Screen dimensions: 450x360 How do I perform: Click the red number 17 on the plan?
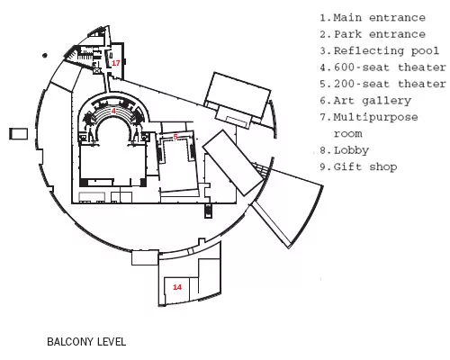click(116, 63)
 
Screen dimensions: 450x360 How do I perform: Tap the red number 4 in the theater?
click(113, 111)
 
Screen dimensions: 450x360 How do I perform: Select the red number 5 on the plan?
click(175, 137)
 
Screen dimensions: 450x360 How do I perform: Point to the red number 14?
click(177, 287)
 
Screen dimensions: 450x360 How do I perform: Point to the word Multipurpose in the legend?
click(375, 117)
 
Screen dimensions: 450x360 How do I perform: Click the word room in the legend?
click(348, 134)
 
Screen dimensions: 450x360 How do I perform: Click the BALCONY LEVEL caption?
click(86, 342)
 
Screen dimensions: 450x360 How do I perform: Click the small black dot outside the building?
click(45, 55)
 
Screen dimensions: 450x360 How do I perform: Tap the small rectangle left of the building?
click(19, 134)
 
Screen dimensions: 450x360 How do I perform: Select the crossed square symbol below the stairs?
click(97, 71)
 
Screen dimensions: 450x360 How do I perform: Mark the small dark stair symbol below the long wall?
click(208, 211)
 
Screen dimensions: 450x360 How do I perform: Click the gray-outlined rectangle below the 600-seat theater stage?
click(92, 198)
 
